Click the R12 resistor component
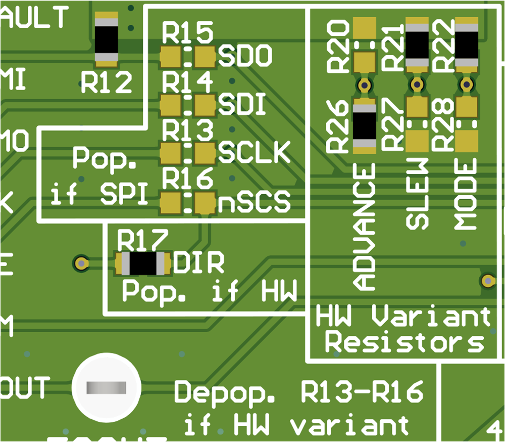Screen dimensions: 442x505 107,39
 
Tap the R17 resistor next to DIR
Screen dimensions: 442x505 143,263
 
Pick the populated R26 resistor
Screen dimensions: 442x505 365,126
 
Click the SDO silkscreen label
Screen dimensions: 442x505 245,57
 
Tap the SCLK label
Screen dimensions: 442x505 255,152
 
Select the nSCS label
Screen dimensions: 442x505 255,203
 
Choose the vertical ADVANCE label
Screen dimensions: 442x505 365,227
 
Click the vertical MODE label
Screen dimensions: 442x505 466,194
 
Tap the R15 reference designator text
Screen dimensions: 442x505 187,34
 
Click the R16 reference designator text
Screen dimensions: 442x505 187,180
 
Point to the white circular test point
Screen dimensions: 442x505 106,388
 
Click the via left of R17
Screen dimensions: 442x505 80,263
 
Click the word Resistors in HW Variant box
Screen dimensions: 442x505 403,342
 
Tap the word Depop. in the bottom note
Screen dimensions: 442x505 225,393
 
